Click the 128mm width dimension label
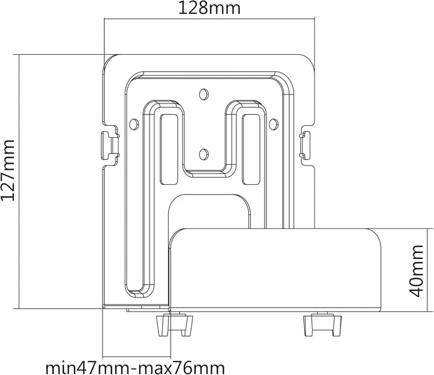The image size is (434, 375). click(x=209, y=8)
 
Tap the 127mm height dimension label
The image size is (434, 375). click(x=8, y=170)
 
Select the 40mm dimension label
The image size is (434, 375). click(x=416, y=271)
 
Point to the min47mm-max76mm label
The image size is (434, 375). click(x=135, y=368)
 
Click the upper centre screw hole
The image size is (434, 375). click(x=204, y=94)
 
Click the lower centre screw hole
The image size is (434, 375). click(x=204, y=154)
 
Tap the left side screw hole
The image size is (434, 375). click(x=134, y=124)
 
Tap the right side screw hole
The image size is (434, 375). click(x=273, y=124)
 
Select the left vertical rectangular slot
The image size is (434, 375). click(x=169, y=149)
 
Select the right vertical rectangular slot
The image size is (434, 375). click(x=251, y=149)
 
